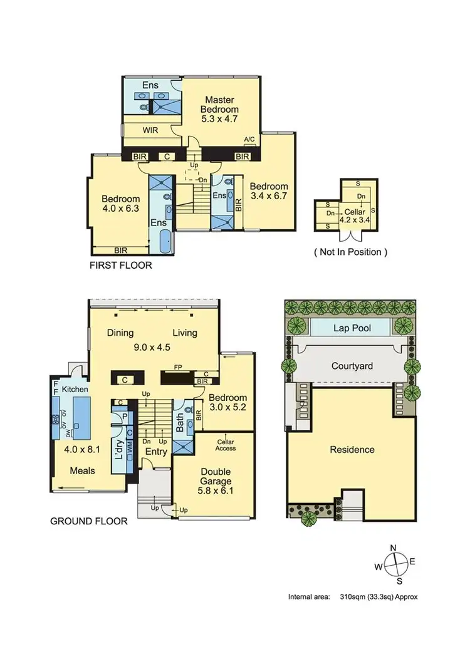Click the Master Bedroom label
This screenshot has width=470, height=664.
pos(219,109)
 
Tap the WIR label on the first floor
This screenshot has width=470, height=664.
pos(150,130)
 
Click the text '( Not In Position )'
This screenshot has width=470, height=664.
pos(350,252)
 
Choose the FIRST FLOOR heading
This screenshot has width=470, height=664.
pos(121,265)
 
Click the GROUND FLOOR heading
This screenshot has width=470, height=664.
pos(88,521)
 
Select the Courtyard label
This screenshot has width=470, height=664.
pos(349,365)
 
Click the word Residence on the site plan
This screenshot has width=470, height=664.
pos(352,449)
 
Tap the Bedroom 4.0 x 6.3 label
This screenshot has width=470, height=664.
pos(121,205)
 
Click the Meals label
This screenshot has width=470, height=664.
pos(82,470)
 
